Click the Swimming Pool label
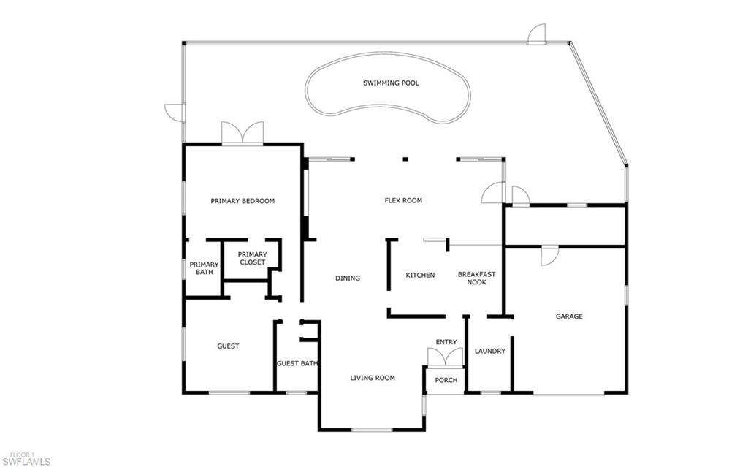[391, 83]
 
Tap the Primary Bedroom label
[243, 201]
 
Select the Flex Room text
[403, 200]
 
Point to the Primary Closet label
[252, 258]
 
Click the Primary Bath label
[204, 268]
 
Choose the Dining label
[348, 278]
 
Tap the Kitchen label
[420, 276]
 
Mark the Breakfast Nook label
[476, 278]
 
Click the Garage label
[569, 316]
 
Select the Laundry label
[489, 351]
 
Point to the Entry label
[446, 342]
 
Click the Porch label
[446, 380]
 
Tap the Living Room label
[373, 378]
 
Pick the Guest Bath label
[297, 363]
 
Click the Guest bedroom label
[228, 346]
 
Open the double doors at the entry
[445, 357]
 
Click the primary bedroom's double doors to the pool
[242, 134]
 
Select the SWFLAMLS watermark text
[26, 461]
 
